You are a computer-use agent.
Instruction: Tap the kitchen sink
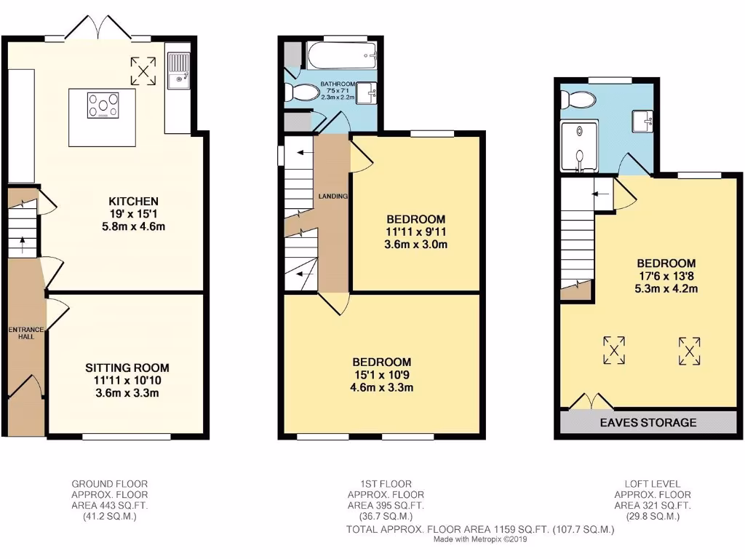(177, 68)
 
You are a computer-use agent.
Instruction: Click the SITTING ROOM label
(127, 368)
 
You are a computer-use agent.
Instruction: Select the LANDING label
(332, 197)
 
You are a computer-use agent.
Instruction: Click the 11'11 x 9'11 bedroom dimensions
(416, 231)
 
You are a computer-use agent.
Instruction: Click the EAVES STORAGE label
(648, 423)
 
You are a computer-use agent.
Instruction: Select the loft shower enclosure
(579, 146)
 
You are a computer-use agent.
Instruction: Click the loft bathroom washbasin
(642, 119)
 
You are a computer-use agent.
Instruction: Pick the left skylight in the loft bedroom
(615, 349)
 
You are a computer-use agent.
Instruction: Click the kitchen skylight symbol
(143, 71)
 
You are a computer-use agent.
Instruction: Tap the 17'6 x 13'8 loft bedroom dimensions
(666, 276)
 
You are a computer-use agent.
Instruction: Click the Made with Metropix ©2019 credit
(481, 540)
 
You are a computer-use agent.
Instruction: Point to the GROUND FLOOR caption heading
(103, 483)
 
